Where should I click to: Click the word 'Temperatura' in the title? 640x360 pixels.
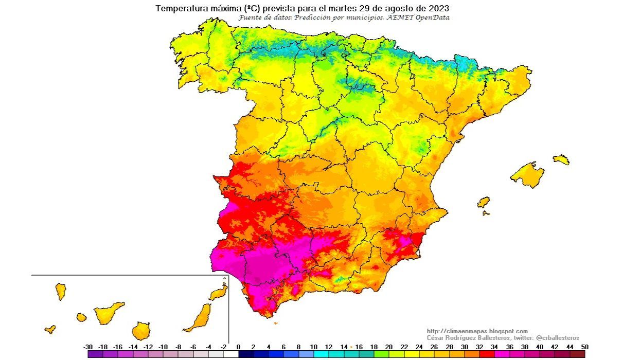click(x=179, y=8)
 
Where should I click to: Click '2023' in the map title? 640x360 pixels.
click(x=439, y=8)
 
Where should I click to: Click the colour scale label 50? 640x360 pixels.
click(x=584, y=347)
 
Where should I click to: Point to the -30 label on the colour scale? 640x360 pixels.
click(x=88, y=347)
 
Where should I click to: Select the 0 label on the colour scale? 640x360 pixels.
click(x=238, y=347)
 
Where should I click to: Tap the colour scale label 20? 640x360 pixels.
click(x=389, y=347)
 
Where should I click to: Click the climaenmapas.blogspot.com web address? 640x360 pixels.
click(x=477, y=331)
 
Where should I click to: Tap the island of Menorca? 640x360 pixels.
click(x=561, y=159)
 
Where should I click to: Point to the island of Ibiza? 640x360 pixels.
click(x=484, y=202)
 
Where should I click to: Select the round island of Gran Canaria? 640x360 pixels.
click(x=140, y=331)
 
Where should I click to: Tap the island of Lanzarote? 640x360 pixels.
click(x=219, y=293)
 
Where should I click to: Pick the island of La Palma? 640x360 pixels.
click(x=61, y=291)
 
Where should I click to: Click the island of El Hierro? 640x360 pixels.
click(x=50, y=329)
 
